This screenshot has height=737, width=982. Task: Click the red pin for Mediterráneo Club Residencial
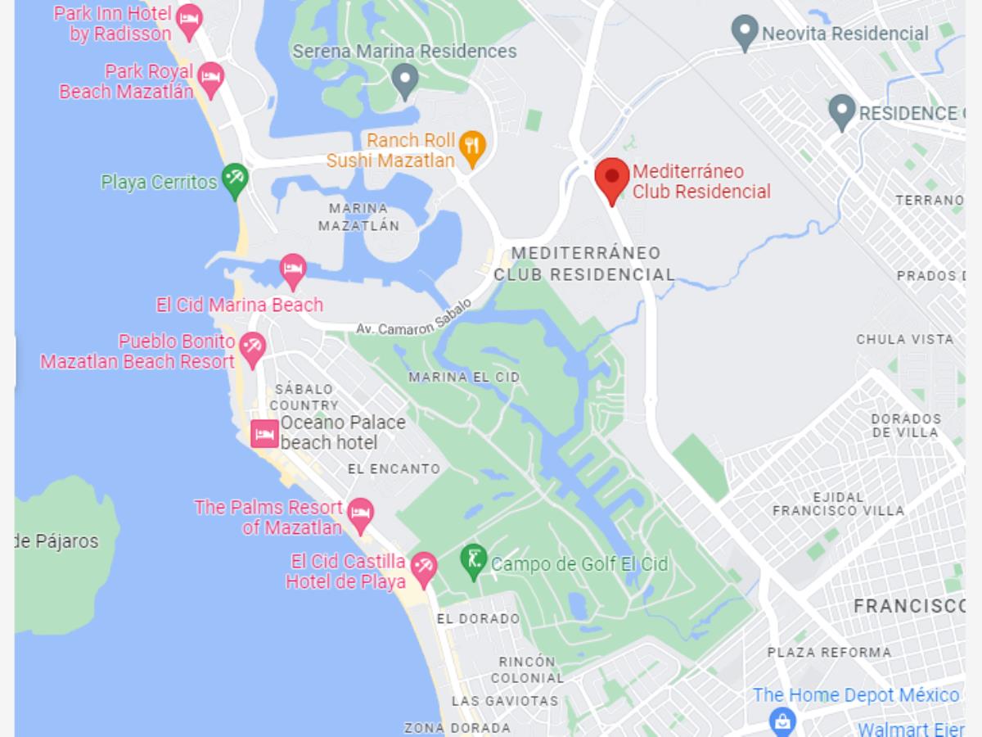click(x=611, y=178)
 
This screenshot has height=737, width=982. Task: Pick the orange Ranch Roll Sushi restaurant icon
click(x=472, y=147)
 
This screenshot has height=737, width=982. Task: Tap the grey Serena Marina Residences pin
click(x=405, y=79)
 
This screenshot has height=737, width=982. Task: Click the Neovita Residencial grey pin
click(x=745, y=32)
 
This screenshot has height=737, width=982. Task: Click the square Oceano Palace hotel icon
click(x=264, y=432)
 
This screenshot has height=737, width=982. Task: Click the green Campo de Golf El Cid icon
click(x=473, y=561)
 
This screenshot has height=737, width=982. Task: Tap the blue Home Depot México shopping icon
click(x=783, y=721)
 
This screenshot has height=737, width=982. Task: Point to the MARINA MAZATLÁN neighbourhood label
click(x=358, y=216)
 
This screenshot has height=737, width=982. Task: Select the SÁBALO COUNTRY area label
click(x=304, y=397)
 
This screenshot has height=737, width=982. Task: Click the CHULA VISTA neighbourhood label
click(x=904, y=339)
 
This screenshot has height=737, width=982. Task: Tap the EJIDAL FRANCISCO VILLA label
click(x=838, y=504)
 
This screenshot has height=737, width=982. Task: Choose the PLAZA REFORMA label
click(x=829, y=653)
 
